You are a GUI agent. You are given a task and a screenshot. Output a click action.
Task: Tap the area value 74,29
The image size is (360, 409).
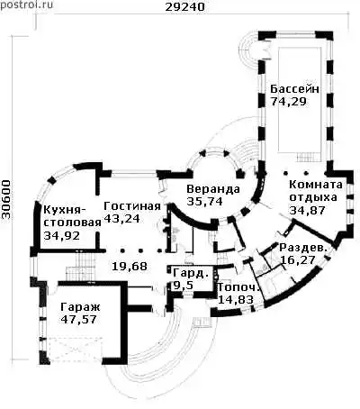click(288, 102)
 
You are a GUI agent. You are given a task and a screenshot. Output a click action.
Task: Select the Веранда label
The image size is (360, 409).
click(213, 189)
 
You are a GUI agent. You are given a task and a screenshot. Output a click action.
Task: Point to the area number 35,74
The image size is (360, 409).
click(204, 201)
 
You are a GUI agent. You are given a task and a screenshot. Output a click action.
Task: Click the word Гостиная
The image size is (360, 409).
click(132, 206)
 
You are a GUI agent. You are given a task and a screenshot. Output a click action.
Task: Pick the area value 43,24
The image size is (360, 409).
click(121, 218)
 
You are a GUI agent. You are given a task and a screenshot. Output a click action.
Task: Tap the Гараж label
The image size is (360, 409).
click(80, 307)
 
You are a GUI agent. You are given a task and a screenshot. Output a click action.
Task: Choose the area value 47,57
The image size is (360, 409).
click(78, 319)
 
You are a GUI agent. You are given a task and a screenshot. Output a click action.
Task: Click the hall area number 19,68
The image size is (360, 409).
click(130, 266)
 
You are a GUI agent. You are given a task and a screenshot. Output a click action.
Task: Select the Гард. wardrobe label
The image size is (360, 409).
click(191, 273)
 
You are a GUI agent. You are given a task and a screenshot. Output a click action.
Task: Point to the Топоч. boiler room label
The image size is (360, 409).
click(238, 287)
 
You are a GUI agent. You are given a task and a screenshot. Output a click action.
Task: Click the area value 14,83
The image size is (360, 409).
click(236, 300)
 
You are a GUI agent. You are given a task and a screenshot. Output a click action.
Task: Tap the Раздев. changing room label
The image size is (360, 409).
click(302, 248)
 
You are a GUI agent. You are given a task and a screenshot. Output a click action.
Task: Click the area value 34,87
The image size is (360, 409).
click(307, 210)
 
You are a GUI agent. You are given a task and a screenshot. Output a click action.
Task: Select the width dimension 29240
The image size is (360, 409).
click(185, 6)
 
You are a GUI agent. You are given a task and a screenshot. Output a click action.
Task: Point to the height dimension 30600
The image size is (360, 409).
click(6, 200)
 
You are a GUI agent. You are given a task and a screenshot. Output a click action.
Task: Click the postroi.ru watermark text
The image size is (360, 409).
click(26, 5)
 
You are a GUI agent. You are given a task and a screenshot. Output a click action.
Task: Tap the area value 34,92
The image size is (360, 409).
click(62, 236)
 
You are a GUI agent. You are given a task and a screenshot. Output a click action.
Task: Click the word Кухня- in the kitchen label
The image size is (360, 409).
click(65, 210)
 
